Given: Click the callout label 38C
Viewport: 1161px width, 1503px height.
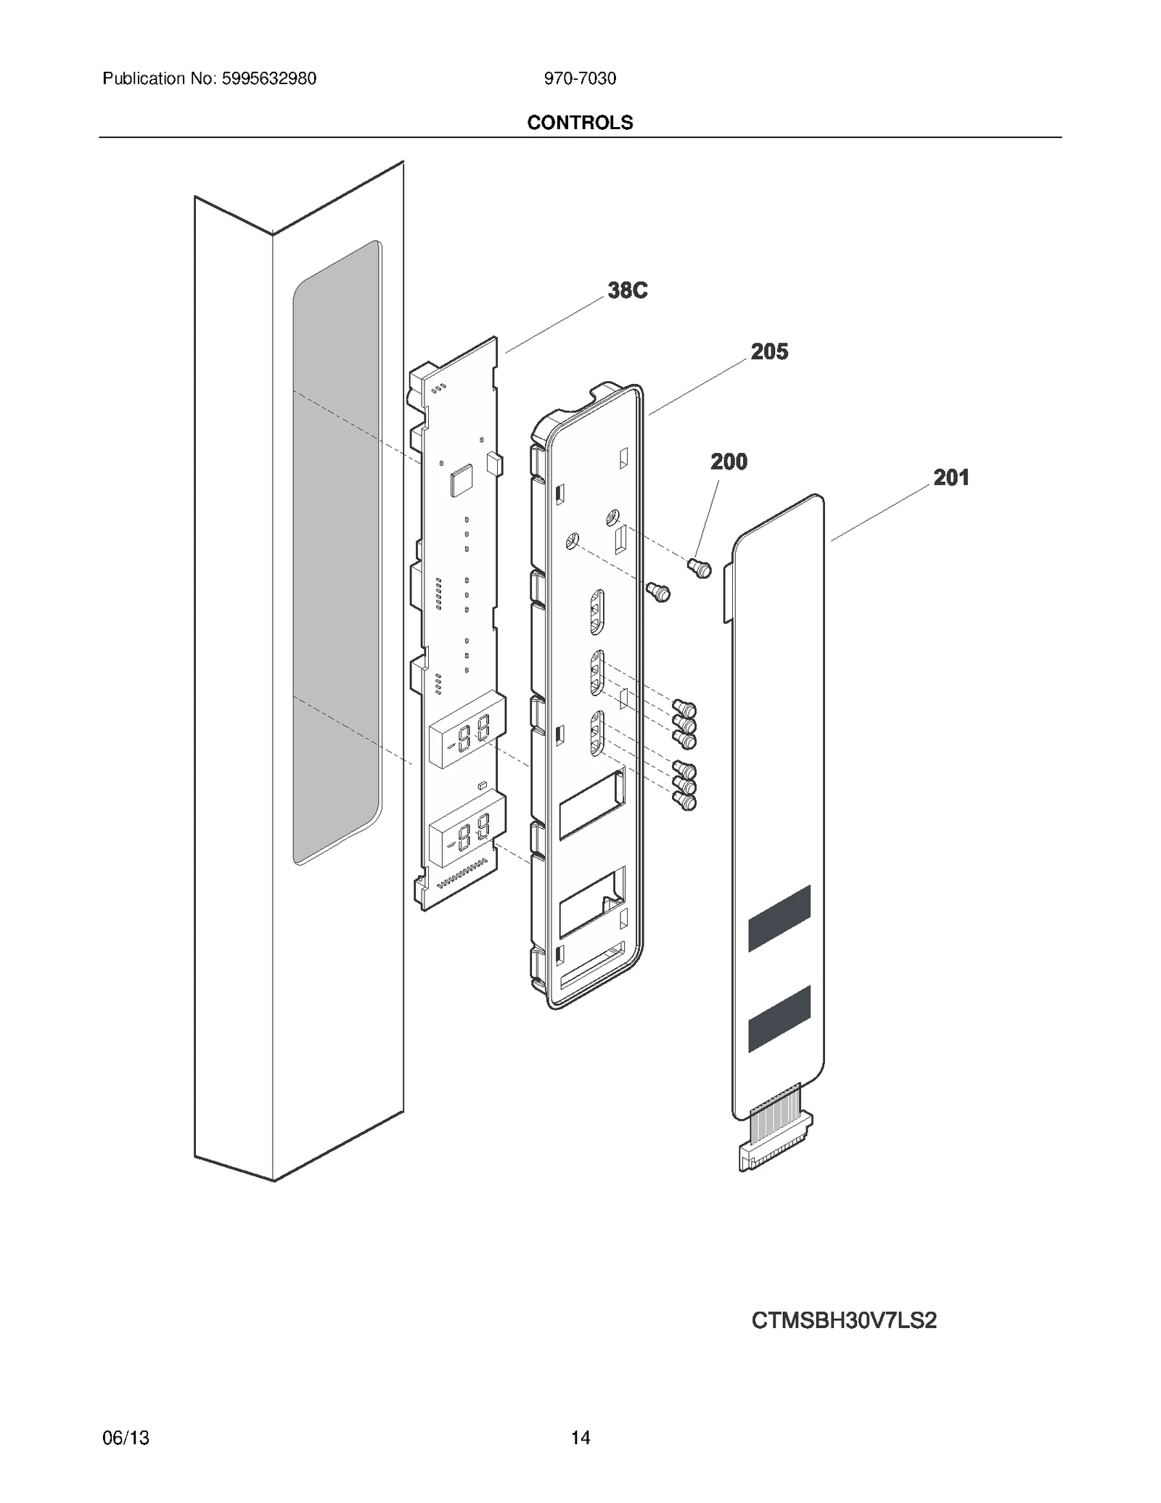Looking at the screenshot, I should pos(627,291).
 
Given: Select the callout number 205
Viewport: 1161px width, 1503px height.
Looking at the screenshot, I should pos(769,352).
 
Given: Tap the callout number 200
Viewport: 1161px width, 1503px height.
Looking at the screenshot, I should pos(729,462).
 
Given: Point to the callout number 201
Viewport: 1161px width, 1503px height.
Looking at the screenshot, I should pos(951,478).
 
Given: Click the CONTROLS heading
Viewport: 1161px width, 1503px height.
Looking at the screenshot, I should pos(580,123).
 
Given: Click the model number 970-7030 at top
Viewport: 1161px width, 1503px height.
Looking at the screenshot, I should pos(580,78).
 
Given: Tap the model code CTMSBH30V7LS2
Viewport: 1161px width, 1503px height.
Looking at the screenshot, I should pos(844,1320).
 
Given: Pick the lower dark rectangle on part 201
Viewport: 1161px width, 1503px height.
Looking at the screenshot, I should pos(779,1018).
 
